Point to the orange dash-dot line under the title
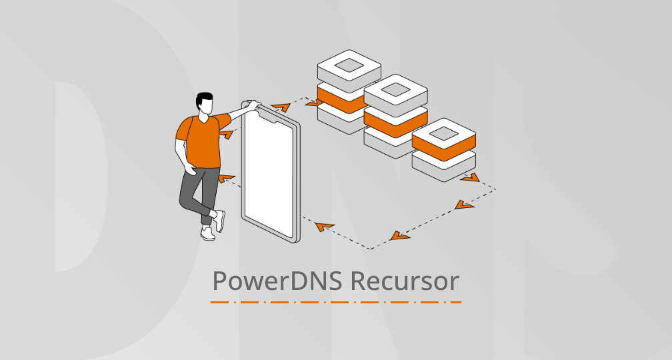pyautogui.click(x=335, y=302)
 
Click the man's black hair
pyautogui.click(x=205, y=98)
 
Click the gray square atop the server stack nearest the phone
pyautogui.click(x=349, y=65)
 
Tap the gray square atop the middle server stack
pyautogui.click(x=395, y=89)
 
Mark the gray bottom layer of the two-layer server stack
pyautogui.click(x=443, y=165)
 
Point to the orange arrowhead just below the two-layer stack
pyautogui.click(x=470, y=177)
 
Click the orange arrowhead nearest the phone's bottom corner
pyautogui.click(x=324, y=227)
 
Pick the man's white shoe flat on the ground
pyautogui.click(x=208, y=233)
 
